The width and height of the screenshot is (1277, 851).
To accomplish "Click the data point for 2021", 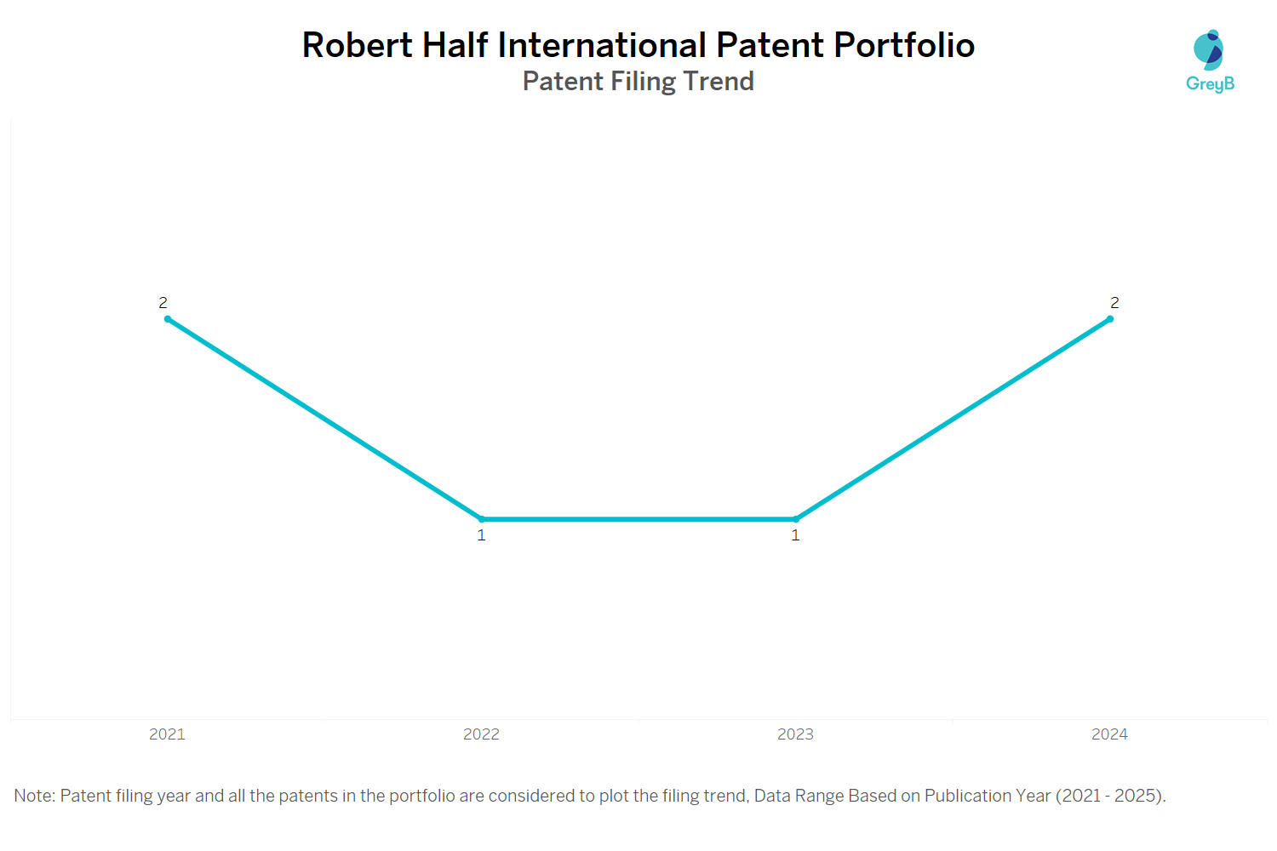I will point(168,319).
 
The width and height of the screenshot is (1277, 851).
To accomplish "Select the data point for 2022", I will point(482,519).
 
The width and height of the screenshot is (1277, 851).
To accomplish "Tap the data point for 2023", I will point(796,519).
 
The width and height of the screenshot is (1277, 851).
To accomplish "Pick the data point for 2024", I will point(1110,319).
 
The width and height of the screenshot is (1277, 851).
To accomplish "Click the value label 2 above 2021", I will point(163,303).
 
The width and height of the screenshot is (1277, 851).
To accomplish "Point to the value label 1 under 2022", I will point(482,535).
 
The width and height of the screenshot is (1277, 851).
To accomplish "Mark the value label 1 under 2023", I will point(796,535).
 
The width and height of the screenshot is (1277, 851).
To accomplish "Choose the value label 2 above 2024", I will point(1114,303).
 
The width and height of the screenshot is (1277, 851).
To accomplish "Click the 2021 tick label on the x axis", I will point(167,734).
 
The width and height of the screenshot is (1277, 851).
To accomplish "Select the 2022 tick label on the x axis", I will point(481,734).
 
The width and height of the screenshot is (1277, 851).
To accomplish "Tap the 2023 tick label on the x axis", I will point(795,734).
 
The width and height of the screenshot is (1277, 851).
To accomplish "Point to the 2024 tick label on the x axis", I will point(1109,734).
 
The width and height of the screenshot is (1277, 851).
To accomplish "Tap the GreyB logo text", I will point(1210,84).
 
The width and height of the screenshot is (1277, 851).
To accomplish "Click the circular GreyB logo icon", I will point(1208,51).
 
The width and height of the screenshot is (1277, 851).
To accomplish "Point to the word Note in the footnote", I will point(33,796).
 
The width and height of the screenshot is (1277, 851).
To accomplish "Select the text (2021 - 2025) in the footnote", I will point(1110,796).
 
